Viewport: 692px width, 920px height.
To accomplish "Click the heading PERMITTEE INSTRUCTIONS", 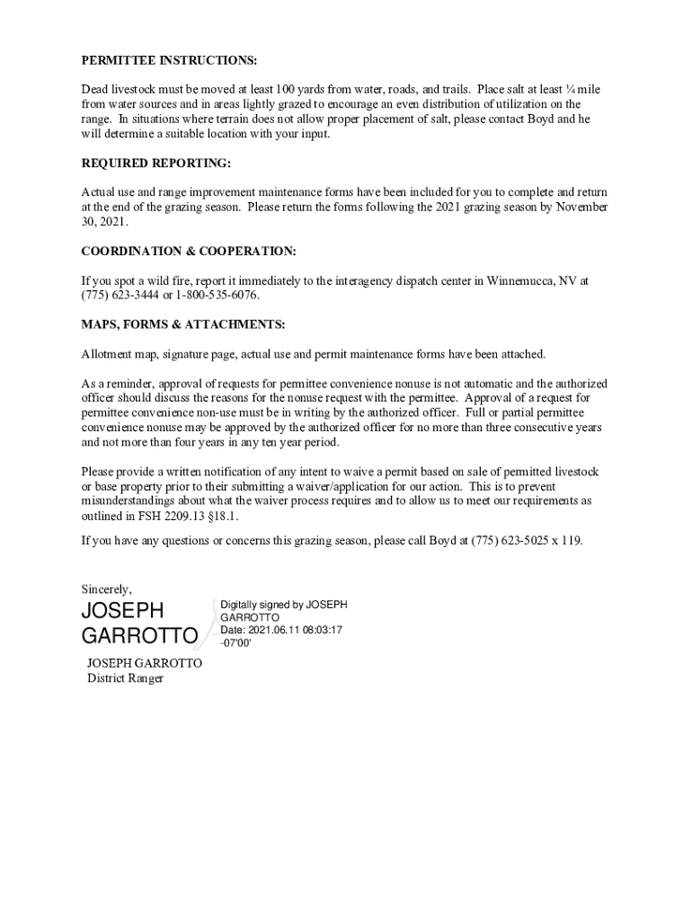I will coord(169,60).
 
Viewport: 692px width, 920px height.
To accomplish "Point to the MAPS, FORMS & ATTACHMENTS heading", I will coord(183,323).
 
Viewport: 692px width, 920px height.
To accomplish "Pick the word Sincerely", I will coord(106,589).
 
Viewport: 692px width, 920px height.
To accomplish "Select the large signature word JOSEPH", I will coord(123,611).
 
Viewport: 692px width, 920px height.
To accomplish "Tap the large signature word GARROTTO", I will coord(139,637).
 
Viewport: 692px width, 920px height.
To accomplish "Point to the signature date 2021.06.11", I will coord(276,630).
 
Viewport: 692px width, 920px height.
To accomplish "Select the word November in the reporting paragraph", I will coord(581,207).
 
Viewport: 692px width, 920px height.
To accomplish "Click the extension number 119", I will coord(571,541).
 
